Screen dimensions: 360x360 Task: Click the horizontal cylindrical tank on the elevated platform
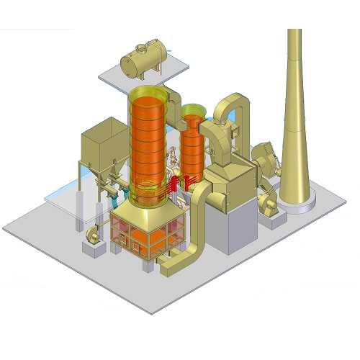click(x=145, y=59)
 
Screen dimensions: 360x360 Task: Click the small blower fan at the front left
click(x=94, y=233)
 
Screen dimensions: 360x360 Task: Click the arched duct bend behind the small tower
click(x=232, y=108)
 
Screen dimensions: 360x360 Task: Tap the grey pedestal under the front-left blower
click(x=94, y=249)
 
